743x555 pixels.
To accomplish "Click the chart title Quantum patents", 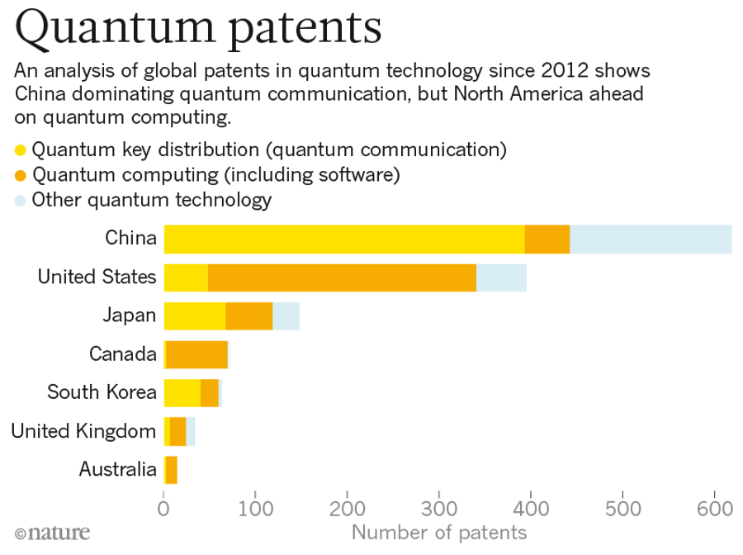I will coord(198,30).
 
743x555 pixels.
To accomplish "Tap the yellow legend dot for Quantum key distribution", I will coord(21,150).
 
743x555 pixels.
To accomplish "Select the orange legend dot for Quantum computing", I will coord(21,175).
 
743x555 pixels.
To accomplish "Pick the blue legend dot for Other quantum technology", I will coord(21,200).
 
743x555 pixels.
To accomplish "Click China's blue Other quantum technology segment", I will coord(651,239).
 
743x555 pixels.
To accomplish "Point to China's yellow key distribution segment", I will coord(343,239).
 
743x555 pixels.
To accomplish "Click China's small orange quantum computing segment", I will coord(547,239).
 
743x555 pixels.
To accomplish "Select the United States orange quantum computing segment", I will coord(342,277).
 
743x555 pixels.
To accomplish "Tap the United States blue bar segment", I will coord(501,277).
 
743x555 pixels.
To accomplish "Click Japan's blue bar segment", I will coord(286,316).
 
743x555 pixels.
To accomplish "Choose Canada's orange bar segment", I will coord(196,354).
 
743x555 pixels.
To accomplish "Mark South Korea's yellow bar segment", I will coord(182,393).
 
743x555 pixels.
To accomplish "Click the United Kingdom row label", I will coord(83,431).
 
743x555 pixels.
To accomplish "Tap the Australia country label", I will coord(117,470).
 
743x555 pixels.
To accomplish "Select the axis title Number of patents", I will coord(438,532).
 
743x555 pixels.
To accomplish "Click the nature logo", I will coord(52,533).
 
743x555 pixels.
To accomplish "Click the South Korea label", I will coord(102,392).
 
